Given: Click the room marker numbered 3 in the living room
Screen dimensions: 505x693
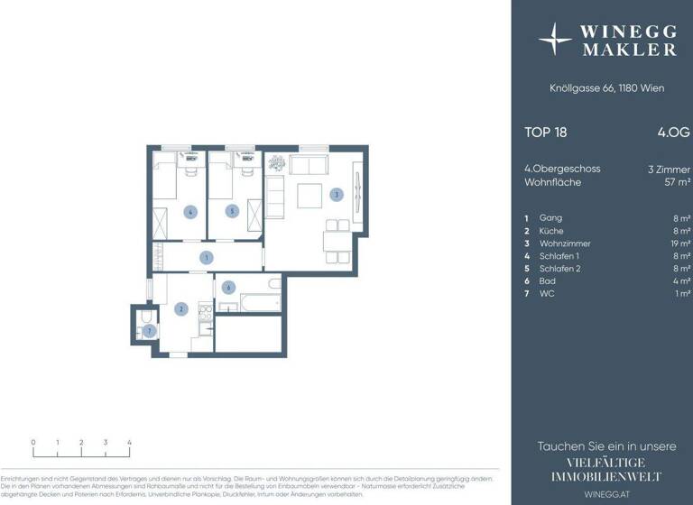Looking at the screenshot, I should click(x=336, y=195).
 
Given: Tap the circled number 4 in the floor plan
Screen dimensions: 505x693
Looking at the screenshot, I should click(x=189, y=212).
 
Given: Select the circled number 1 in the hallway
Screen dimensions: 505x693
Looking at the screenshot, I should click(x=207, y=258).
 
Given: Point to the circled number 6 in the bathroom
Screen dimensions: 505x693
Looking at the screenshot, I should click(x=229, y=288).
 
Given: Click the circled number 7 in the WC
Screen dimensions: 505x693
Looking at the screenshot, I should click(x=150, y=331).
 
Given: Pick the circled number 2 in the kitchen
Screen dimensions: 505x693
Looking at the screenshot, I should click(x=181, y=310).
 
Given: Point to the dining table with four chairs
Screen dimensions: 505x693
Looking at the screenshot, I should click(x=338, y=239).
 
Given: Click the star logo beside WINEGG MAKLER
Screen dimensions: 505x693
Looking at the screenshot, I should click(x=555, y=40).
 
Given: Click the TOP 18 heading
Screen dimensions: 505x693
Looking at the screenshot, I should click(x=546, y=132).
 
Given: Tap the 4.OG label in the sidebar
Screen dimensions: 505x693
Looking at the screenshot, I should click(x=673, y=132).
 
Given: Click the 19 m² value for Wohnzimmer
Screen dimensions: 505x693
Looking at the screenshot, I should click(x=680, y=243).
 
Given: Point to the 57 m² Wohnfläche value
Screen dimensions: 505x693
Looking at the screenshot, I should click(x=678, y=181).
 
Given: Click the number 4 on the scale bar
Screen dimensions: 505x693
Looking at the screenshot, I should click(x=130, y=442).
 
